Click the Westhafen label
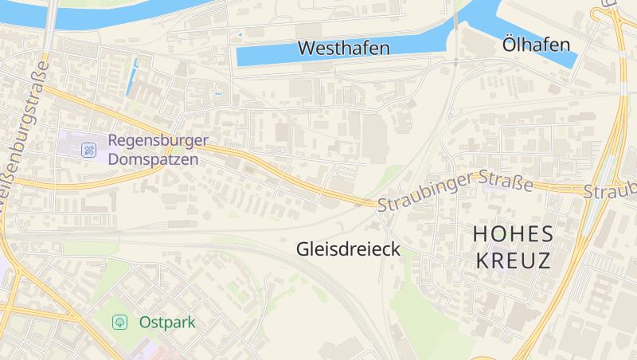point(343,48)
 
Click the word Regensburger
point(158,141)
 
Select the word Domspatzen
point(154,158)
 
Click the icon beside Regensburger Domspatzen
point(89,149)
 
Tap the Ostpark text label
point(166,323)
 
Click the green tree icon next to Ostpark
point(119,323)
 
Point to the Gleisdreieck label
point(347,248)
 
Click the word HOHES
point(512,233)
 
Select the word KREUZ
point(512,260)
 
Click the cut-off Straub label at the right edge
point(612,190)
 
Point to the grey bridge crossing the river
point(52,16)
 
